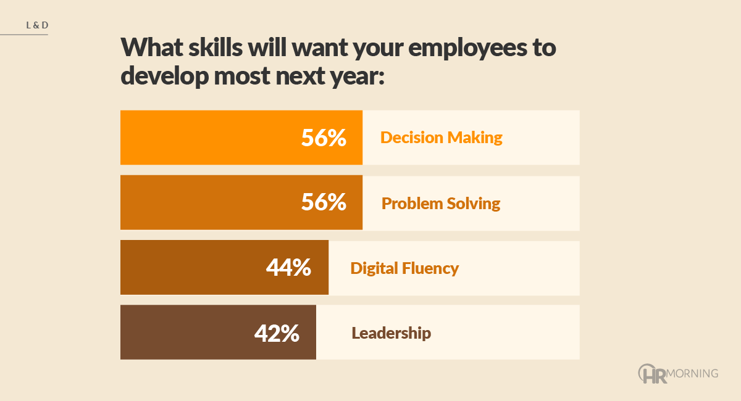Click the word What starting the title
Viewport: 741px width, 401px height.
[x=148, y=48]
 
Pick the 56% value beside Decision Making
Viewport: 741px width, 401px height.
[x=324, y=138]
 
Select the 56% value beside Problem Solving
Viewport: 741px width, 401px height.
[x=324, y=202]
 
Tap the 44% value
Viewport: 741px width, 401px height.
[x=288, y=267]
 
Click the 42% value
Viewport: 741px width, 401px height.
[x=277, y=333]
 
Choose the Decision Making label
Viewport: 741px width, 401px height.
[x=442, y=137]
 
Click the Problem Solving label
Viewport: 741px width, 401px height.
[x=441, y=203]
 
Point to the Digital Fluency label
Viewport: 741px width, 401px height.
[x=404, y=268]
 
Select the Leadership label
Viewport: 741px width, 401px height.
[x=391, y=333]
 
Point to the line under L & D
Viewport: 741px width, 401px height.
[x=24, y=35]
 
